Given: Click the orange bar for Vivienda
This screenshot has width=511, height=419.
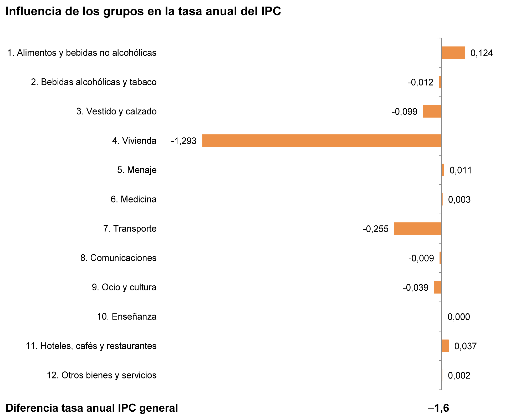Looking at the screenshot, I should click(322, 140).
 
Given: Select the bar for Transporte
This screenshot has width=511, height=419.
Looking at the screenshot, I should click(418, 228).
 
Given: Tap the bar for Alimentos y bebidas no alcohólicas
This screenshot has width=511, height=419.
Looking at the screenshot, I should click(453, 53).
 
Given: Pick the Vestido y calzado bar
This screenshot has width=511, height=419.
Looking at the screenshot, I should click(432, 111).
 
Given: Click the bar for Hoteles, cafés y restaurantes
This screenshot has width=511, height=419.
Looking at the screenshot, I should click(445, 346).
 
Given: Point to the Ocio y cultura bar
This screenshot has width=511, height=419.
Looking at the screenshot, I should click(438, 287).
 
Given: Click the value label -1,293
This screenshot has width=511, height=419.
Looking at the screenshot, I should click(183, 141).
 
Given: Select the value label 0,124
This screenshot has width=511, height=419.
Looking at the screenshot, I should click(481, 53).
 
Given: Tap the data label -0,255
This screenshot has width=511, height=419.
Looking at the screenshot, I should click(375, 229).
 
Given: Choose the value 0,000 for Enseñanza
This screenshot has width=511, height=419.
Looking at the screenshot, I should click(459, 317).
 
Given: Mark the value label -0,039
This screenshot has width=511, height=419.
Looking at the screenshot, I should click(415, 288).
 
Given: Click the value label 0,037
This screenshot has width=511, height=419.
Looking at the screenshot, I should click(465, 346).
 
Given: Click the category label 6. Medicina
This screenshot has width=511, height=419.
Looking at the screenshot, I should click(133, 199).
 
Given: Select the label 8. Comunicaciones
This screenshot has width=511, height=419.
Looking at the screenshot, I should click(118, 258).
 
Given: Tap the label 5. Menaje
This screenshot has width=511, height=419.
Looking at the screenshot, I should click(137, 170).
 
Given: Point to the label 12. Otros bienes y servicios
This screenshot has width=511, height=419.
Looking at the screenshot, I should click(101, 375).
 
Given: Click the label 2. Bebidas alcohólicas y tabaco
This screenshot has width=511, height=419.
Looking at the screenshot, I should click(94, 82).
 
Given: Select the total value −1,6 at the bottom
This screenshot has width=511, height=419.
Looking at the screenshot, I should click(438, 408).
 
